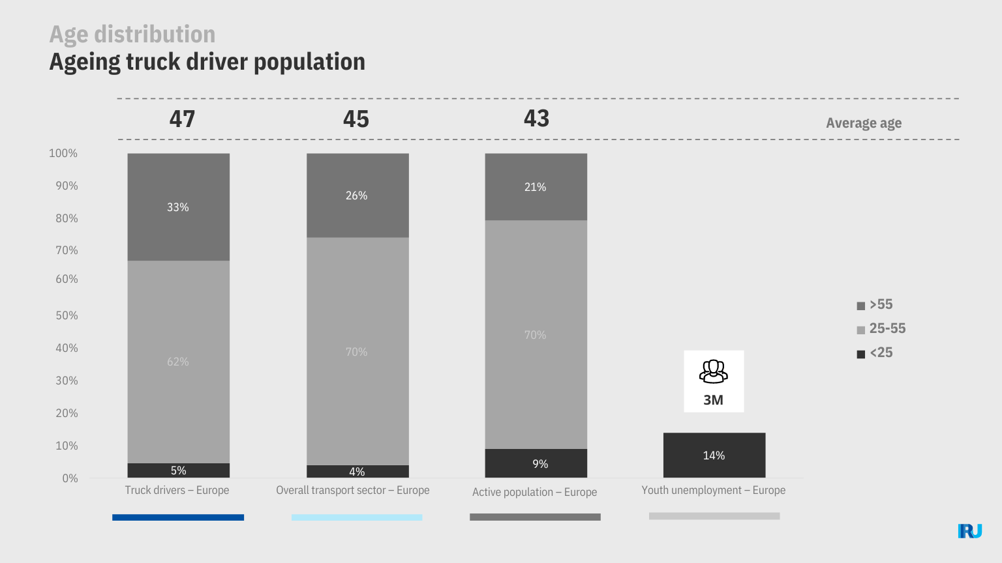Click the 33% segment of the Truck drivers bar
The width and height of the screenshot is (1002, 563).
[x=178, y=207]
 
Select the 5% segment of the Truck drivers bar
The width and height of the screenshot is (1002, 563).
[x=178, y=470]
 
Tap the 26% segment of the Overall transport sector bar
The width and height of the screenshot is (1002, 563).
[x=357, y=195]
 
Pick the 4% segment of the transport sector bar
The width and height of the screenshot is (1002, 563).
[x=357, y=472]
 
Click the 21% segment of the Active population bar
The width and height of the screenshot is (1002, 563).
[x=536, y=187]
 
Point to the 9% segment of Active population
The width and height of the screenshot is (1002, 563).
[x=536, y=463]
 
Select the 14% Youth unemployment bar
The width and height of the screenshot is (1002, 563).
[x=714, y=455]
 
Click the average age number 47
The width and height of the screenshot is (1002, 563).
[x=182, y=119]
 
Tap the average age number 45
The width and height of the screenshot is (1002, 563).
[x=356, y=119]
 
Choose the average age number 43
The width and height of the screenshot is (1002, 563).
[x=536, y=119]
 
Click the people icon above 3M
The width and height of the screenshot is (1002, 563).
[x=713, y=371]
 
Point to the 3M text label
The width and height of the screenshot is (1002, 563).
[x=713, y=400]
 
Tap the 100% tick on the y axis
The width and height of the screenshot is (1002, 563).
[x=63, y=153]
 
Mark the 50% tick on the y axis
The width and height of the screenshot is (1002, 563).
[x=66, y=315]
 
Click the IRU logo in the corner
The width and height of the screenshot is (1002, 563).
[x=970, y=531]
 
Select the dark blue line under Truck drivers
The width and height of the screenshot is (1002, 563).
[x=178, y=517]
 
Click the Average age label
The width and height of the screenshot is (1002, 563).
[x=864, y=123]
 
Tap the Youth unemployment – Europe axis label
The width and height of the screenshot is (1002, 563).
[x=713, y=490]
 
